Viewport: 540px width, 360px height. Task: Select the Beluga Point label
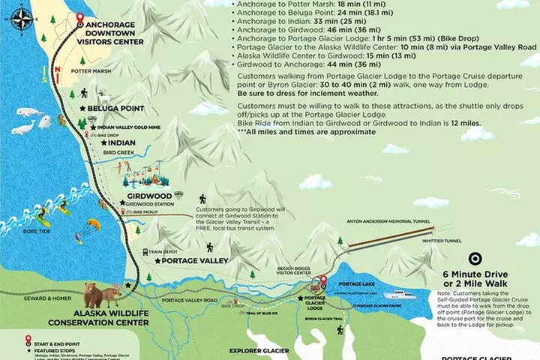[115, 109]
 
